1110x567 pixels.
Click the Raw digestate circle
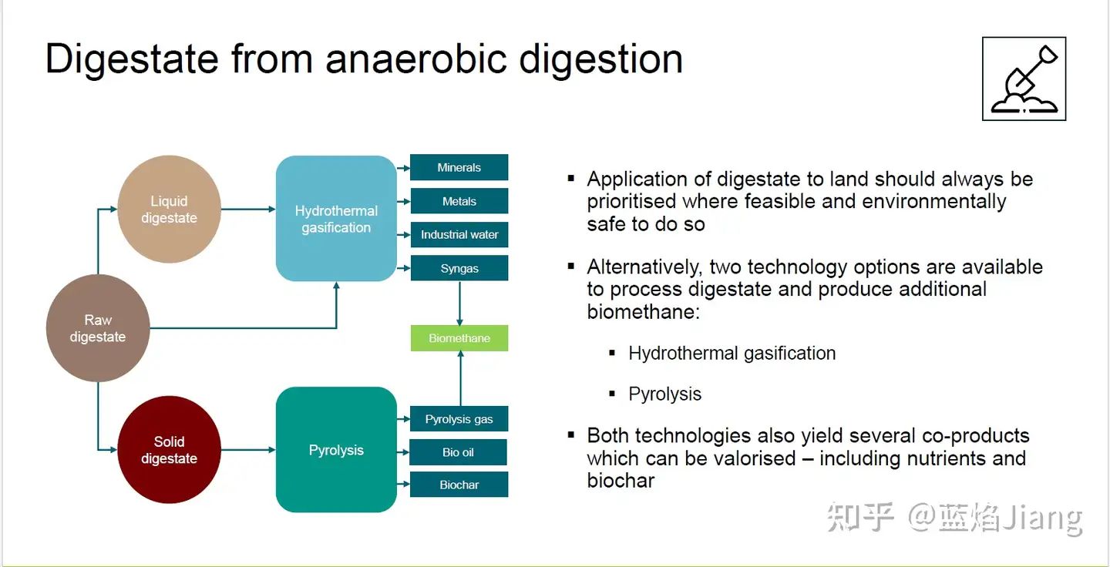point(98,328)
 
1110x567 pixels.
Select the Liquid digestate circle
point(170,209)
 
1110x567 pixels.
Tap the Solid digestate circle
point(170,450)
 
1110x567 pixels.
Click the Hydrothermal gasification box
point(336,218)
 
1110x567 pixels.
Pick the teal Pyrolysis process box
point(336,450)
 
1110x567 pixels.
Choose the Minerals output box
point(459,167)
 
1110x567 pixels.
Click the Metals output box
point(459,201)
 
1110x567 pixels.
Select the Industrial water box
point(459,234)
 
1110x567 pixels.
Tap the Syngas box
point(459,268)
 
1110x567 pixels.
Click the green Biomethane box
point(459,338)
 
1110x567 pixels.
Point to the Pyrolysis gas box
point(459,419)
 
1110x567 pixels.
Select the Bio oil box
point(459,452)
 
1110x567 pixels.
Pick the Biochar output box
point(459,485)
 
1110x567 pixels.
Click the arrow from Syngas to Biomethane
point(460,303)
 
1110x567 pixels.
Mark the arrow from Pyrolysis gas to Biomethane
point(461,378)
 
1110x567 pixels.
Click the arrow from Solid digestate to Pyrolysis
point(248,450)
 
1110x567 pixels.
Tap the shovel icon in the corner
point(1024,79)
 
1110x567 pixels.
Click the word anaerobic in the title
point(415,59)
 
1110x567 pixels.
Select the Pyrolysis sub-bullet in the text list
point(664,394)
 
